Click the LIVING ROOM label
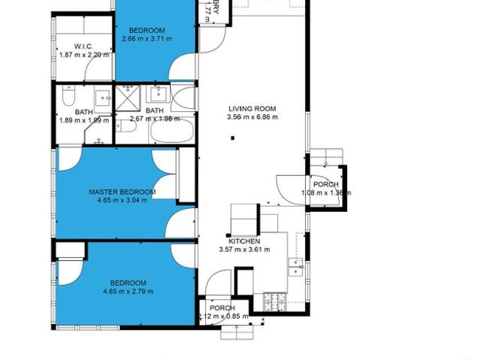click(253, 109)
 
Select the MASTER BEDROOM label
click(122, 192)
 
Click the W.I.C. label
click(83, 46)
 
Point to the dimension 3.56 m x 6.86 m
click(253, 117)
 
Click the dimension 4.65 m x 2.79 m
click(128, 292)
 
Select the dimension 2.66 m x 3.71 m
click(147, 38)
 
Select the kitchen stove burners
click(272, 301)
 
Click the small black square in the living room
click(233, 138)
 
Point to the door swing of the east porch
click(289, 188)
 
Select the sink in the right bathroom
click(159, 95)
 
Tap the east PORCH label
click(325, 184)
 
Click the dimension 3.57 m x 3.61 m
click(244, 250)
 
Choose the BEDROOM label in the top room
click(147, 31)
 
